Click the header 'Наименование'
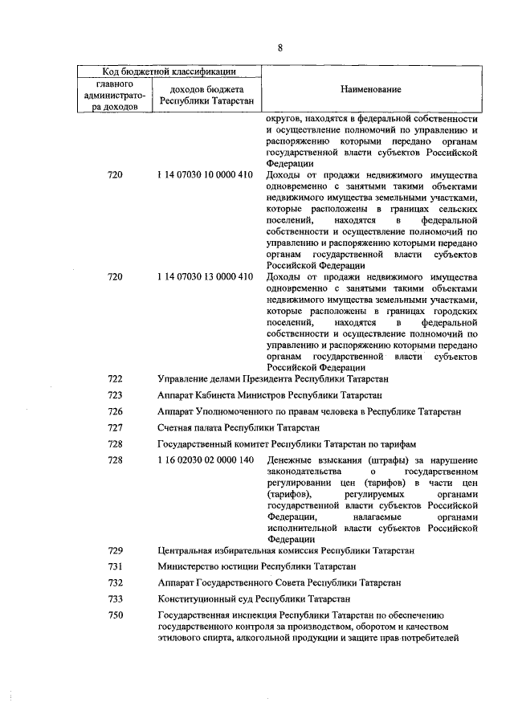[371, 89]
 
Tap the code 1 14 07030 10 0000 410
[206, 175]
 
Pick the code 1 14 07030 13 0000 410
[206, 277]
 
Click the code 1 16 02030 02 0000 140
[206, 460]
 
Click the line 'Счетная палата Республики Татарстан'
[239, 427]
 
